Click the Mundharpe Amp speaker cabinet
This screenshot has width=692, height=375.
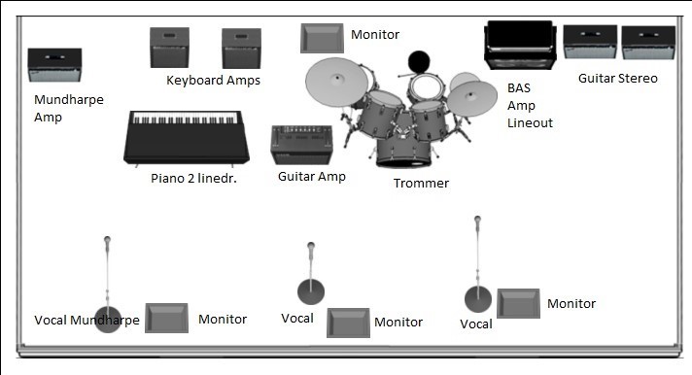pos(54,65)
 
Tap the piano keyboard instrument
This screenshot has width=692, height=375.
pos(187,138)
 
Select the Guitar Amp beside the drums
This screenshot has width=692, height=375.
pos(302,145)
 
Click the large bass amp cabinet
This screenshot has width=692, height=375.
pos(520,45)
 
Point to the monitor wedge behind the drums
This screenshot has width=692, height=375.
pos(322,39)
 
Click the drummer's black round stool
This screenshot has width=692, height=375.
pos(419,62)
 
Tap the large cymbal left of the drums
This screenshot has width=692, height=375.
pos(336,82)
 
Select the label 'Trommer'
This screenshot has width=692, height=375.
pos(421,183)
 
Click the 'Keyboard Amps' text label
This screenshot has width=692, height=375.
pos(213,81)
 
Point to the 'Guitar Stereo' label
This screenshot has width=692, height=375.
pos(618,79)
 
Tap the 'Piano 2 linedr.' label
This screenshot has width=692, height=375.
pos(193,178)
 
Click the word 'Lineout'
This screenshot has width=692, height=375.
pos(530,122)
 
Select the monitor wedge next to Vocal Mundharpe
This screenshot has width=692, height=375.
pos(167,318)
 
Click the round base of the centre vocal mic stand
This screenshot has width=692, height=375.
pos(311,291)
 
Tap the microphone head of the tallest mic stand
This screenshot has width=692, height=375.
pos(477,220)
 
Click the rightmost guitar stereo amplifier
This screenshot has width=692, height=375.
pos(648,43)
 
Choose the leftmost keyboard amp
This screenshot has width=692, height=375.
pos(169,48)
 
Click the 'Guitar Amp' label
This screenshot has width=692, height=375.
pos(312,177)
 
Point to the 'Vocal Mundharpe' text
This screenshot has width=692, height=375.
pos(86,320)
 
